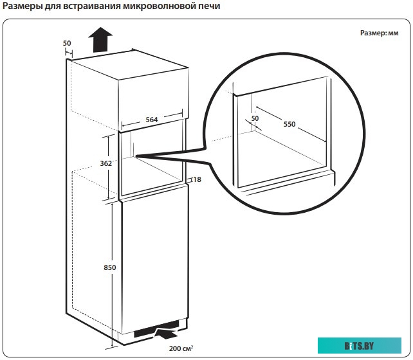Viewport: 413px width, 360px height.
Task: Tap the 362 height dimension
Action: (x=107, y=163)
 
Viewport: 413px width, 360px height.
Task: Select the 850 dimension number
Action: (x=107, y=267)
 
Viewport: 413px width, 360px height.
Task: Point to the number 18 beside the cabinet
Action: (x=197, y=179)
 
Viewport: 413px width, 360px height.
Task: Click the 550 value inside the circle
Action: (x=289, y=124)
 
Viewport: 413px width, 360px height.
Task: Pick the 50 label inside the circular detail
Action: (x=254, y=118)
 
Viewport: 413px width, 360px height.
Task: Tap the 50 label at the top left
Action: (x=68, y=43)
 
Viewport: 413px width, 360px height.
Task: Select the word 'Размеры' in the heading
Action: (x=23, y=7)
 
